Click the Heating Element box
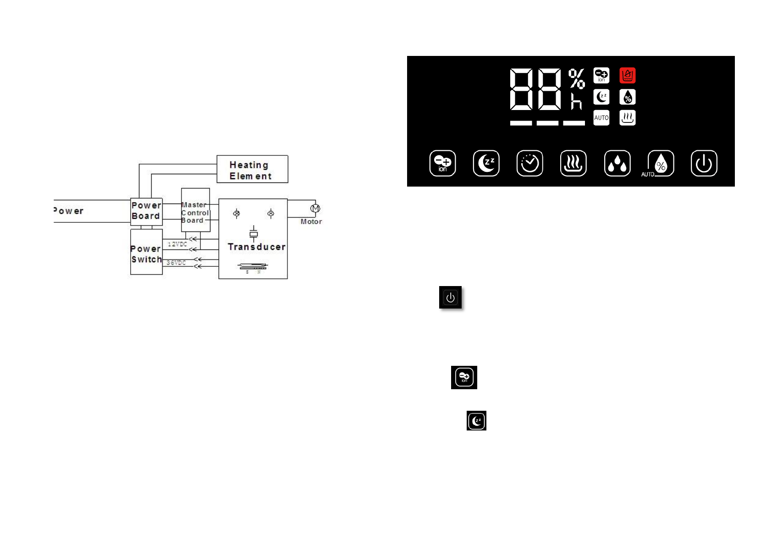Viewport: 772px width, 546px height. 252,169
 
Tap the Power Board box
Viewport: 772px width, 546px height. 146,211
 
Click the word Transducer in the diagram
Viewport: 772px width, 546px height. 257,247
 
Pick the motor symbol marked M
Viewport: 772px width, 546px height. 315,209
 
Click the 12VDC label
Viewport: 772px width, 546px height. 177,244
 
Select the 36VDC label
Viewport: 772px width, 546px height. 176,263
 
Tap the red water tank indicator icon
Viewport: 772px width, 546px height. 627,75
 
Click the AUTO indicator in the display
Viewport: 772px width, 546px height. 601,118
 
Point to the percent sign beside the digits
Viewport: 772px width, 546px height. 577,78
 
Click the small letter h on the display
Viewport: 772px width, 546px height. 576,101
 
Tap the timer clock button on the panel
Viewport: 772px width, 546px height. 529,163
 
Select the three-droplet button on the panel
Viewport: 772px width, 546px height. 617,163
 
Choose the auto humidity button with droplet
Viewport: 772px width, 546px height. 660,163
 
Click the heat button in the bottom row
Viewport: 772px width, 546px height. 573,163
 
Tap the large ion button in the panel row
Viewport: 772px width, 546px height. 442,163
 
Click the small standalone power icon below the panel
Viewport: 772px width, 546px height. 450,298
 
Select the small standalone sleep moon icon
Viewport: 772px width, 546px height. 476,421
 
